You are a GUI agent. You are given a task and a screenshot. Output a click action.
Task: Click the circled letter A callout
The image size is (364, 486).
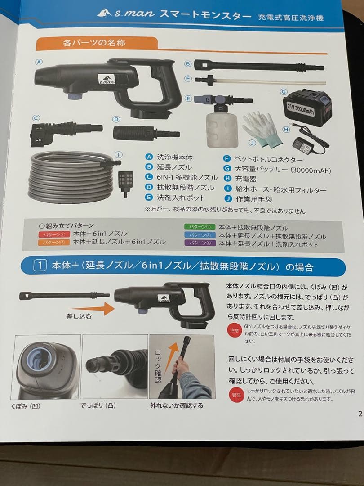[39, 63]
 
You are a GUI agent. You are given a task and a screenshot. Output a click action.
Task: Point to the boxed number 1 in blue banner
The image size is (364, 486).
[41, 266]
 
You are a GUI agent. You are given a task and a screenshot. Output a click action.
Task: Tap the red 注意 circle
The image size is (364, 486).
[234, 330]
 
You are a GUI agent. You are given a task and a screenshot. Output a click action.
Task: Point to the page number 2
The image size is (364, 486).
[360, 414]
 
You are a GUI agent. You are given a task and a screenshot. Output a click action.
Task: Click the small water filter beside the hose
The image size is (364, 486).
[124, 182]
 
